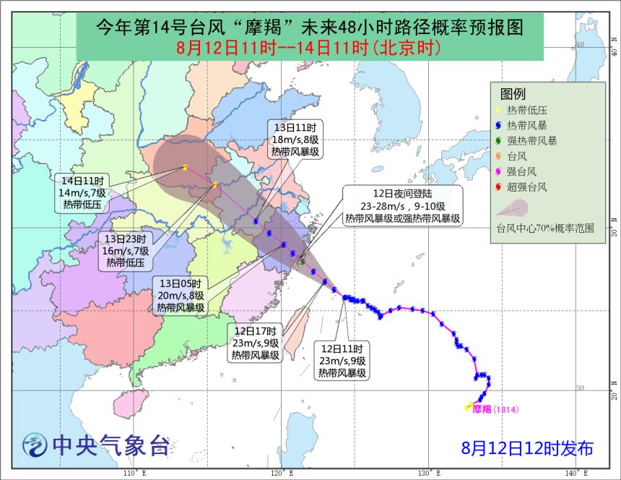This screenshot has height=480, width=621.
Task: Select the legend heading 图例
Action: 513,94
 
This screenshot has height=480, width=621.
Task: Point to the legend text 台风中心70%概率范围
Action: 544,228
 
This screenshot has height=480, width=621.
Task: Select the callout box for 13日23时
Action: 126,251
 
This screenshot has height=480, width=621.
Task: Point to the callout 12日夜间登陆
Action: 402,206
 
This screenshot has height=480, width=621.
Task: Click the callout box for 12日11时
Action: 343,361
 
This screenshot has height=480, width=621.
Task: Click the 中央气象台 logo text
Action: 108,446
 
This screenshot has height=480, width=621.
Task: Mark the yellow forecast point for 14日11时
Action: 185,168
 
